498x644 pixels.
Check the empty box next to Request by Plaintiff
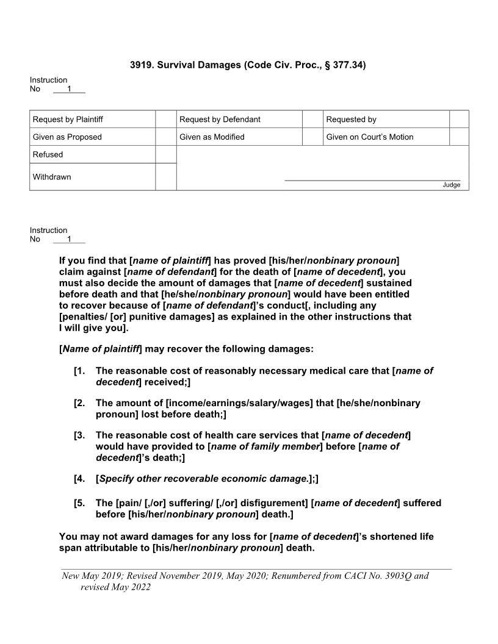pyautogui.click(x=165, y=120)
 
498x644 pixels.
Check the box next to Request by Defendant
pyautogui.click(x=312, y=120)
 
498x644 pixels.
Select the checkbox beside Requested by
pyautogui.click(x=458, y=120)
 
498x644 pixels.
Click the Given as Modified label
pyautogui.click(x=212, y=137)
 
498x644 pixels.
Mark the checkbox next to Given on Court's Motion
pyautogui.click(x=458, y=137)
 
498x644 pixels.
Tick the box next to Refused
pyautogui.click(x=165, y=155)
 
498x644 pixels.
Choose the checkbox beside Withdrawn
pyautogui.click(x=165, y=177)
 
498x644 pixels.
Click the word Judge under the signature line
pyautogui.click(x=452, y=185)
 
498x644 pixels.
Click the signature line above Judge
pyautogui.click(x=372, y=180)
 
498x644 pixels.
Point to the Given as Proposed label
pyautogui.click(x=67, y=137)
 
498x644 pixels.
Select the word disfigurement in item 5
pyautogui.click(x=274, y=503)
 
